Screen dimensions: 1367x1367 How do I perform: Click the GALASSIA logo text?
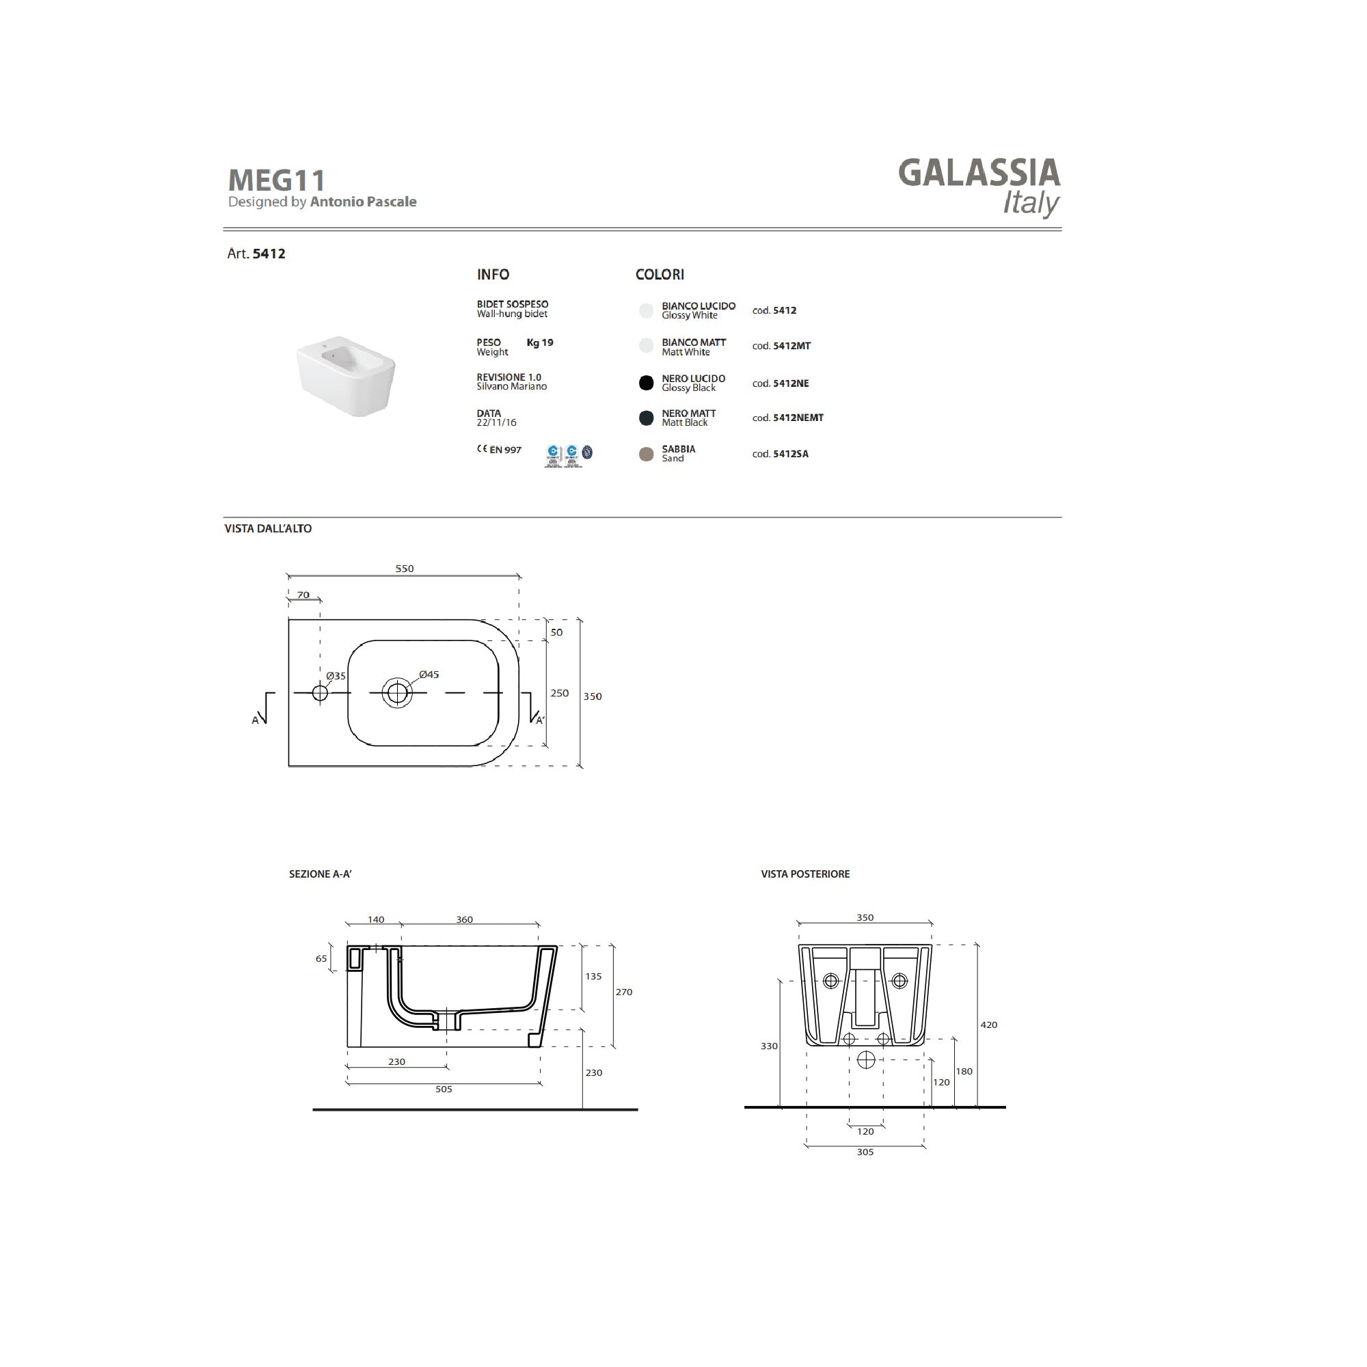(x=979, y=174)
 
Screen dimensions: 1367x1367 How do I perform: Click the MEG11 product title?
(x=277, y=180)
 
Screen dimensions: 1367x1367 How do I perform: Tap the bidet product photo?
(x=345, y=376)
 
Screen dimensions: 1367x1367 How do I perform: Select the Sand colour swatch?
(x=646, y=455)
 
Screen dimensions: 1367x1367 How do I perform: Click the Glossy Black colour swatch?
(x=646, y=383)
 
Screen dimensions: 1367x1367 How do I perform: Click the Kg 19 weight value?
(x=540, y=342)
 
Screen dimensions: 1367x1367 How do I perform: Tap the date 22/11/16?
(x=496, y=423)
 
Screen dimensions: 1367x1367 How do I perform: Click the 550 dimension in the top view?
(x=404, y=569)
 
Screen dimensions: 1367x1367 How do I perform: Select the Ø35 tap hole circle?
(x=320, y=692)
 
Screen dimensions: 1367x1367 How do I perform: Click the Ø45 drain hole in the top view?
(x=397, y=692)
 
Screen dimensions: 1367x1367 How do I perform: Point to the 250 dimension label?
(x=559, y=693)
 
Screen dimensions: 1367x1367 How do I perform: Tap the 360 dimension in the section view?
(x=464, y=920)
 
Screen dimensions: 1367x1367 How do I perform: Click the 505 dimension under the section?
(x=444, y=1089)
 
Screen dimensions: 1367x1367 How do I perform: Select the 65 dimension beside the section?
(x=321, y=959)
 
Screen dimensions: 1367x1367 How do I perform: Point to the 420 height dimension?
(x=988, y=1025)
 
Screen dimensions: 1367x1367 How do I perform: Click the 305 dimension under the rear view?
(x=865, y=1152)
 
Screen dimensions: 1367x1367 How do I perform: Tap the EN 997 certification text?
(x=505, y=450)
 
